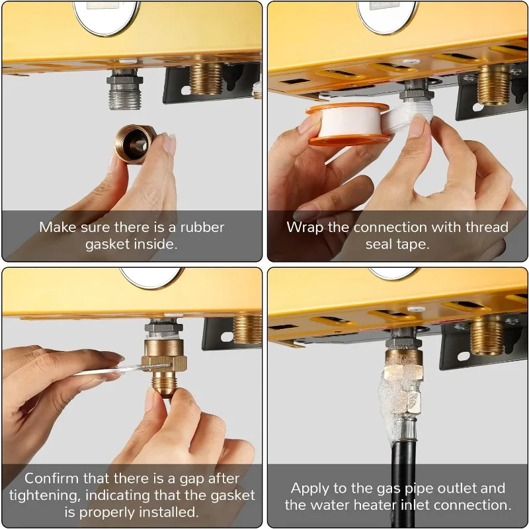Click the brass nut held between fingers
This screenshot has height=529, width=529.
click(x=135, y=144)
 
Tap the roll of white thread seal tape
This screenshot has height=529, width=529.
click(x=349, y=124)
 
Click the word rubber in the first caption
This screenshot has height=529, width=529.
click(x=202, y=227)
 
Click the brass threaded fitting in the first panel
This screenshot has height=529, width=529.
click(x=206, y=79)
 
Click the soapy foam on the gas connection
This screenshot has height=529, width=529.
click(x=400, y=398)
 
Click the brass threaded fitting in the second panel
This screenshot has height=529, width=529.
click(x=494, y=85)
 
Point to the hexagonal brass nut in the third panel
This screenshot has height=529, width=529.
click(x=164, y=364)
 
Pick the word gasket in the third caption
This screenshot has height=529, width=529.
click(x=233, y=495)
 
